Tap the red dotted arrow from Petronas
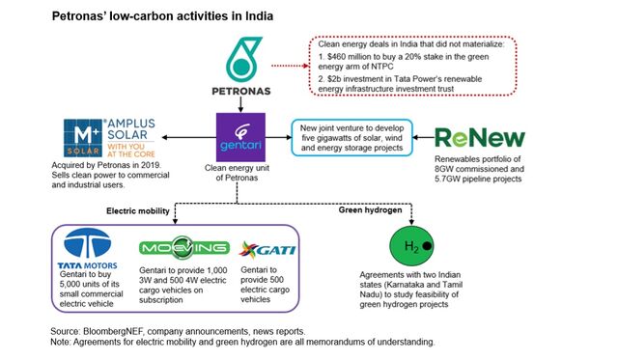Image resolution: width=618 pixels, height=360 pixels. (x=291, y=65)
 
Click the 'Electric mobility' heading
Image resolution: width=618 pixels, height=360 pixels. (x=133, y=208)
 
